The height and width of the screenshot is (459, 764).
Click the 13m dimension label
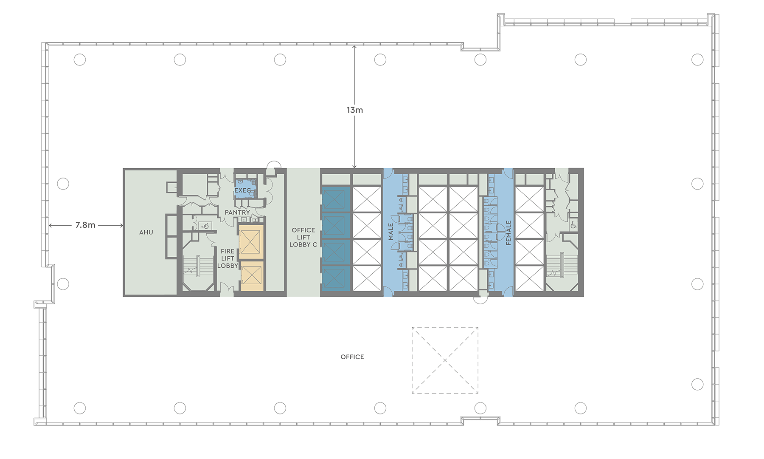coord(354,110)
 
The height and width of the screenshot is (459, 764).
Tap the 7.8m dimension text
coord(85,225)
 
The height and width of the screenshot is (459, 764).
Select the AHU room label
coord(146,232)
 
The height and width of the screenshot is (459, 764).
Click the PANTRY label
coord(237,212)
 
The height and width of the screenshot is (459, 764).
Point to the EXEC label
coord(243,190)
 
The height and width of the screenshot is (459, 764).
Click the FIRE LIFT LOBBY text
coord(228,258)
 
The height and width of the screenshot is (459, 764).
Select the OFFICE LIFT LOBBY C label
coord(303,237)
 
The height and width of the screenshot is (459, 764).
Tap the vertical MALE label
coord(391,232)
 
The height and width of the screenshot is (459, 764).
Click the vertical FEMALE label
coord(508,232)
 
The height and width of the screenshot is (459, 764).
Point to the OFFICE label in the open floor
coord(352,357)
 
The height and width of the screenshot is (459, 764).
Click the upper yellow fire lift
coord(251,242)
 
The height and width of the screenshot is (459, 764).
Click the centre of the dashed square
coord(445,360)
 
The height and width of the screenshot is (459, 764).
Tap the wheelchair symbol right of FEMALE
coord(573,225)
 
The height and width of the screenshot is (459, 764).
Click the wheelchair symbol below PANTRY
coord(205,226)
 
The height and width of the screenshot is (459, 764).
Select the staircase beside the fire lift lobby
coord(198,266)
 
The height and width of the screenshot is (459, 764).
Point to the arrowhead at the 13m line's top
coord(354,47)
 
